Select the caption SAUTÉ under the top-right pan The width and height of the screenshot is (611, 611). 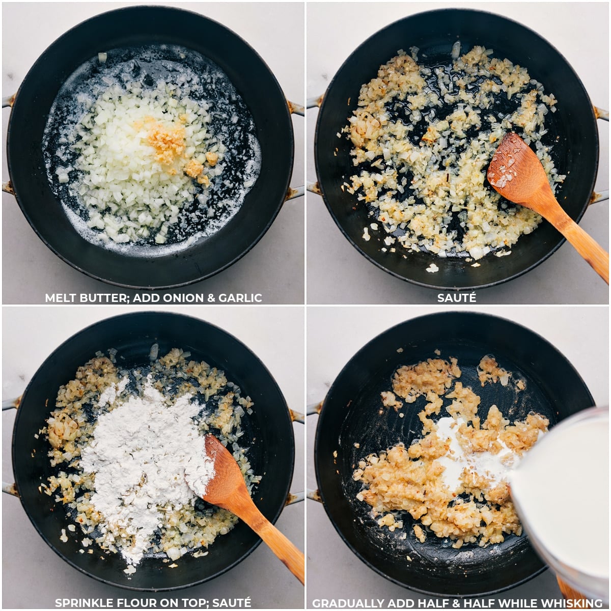[x=457, y=298]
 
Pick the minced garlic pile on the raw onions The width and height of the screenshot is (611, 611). [x=165, y=137]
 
